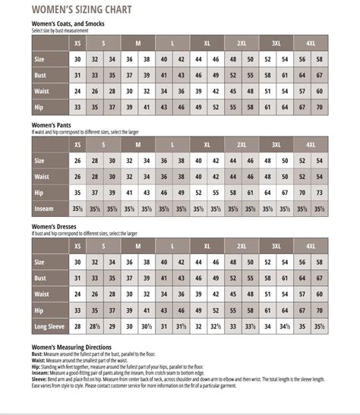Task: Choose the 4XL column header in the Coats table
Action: tap(311, 42)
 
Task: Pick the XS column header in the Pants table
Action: tap(77, 144)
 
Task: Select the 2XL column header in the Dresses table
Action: tap(242, 246)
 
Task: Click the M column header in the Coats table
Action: tap(137, 42)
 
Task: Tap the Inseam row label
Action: tap(43, 210)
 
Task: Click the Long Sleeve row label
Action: tap(49, 326)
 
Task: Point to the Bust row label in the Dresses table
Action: tap(40, 278)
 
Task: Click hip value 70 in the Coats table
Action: tap(320, 108)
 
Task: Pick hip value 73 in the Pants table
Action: tap(320, 193)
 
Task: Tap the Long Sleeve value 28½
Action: tap(95, 327)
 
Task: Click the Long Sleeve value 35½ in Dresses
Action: tap(320, 327)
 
